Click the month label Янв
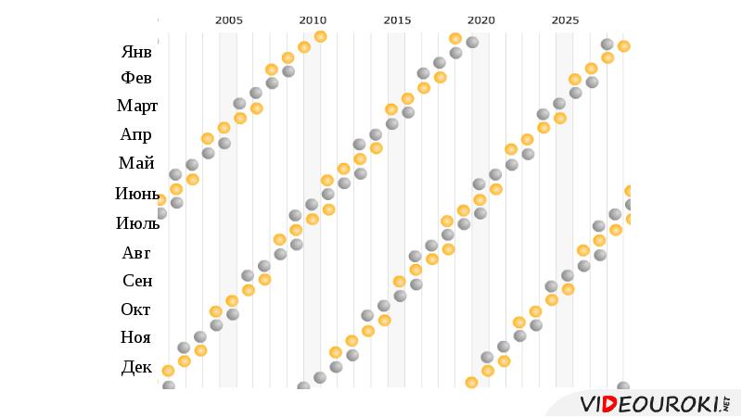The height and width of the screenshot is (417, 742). [x=136, y=51]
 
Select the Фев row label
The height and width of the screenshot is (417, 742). [x=136, y=78]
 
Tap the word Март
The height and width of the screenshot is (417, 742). [x=137, y=106]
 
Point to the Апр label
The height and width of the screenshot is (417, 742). [x=136, y=134]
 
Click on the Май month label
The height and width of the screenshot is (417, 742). [x=136, y=163]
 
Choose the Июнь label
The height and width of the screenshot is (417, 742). [x=137, y=194]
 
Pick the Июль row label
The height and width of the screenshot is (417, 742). [x=137, y=222]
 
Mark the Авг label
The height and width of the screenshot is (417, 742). [x=136, y=252]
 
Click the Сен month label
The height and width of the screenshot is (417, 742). [x=137, y=281]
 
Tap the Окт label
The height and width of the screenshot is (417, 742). [x=136, y=310]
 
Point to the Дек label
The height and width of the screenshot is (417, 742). [x=136, y=367]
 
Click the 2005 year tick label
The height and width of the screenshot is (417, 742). [x=228, y=19]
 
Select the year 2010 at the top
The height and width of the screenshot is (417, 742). [x=313, y=19]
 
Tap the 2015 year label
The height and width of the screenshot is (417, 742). [x=397, y=19]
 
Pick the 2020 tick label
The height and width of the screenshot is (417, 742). [x=480, y=19]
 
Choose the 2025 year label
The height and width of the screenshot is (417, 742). [x=565, y=19]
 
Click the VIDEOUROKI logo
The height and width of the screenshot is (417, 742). [x=653, y=404]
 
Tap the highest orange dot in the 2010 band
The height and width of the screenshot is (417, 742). [x=320, y=36]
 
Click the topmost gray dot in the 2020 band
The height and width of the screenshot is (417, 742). [x=472, y=42]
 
